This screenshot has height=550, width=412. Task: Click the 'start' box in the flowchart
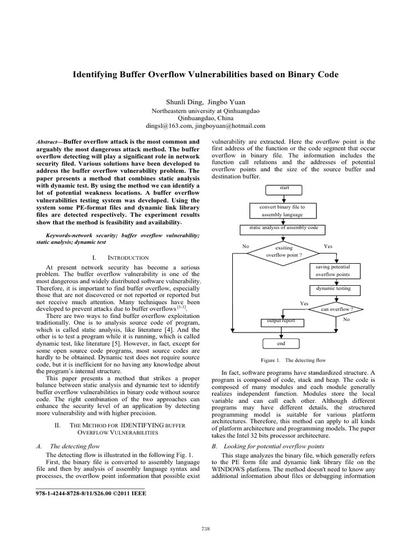(x=284, y=189)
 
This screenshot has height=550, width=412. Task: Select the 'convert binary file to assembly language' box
(x=282, y=210)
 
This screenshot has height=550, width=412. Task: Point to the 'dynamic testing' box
(x=333, y=290)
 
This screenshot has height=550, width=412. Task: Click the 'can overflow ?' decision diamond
(x=337, y=309)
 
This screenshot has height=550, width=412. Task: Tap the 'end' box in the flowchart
(x=281, y=343)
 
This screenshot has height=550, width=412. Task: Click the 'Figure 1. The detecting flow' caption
(x=293, y=360)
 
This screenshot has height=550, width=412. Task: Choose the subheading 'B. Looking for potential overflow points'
(x=267, y=446)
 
